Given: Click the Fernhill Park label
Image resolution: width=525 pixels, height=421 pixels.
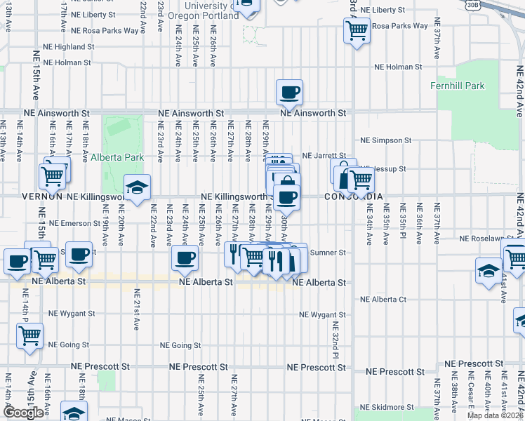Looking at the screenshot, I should point(458,86).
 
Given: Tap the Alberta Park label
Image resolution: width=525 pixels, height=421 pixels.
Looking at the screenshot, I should point(117,158).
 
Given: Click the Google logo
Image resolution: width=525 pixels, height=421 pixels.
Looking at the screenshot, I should point(24,413).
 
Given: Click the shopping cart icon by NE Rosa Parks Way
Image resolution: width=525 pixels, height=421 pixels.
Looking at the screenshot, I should point(357,30).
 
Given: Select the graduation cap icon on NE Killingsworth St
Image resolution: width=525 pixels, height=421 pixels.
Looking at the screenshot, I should point(138,187).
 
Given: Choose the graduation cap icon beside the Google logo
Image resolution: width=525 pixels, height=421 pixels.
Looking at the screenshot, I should point(74,413).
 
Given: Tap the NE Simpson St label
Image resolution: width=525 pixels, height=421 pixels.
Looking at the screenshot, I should point(385,140).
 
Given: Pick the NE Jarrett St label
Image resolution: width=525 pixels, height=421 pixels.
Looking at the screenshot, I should point(324,156).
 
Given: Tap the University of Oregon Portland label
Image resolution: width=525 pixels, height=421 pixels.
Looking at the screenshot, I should point(199,11).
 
